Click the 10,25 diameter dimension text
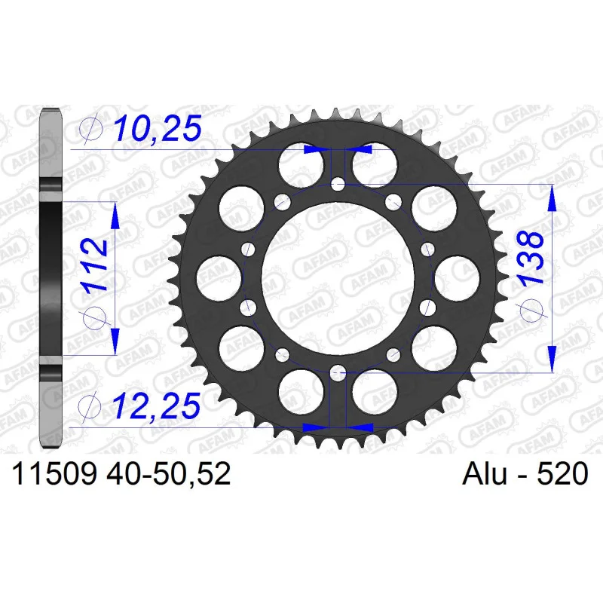[x=158, y=127]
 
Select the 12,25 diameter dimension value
[x=157, y=406]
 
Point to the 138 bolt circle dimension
[x=531, y=257]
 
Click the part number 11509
[x=54, y=473]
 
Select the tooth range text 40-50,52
[x=169, y=473]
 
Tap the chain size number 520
[x=562, y=473]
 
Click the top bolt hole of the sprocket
[x=338, y=185]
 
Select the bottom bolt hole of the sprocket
[x=338, y=372]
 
